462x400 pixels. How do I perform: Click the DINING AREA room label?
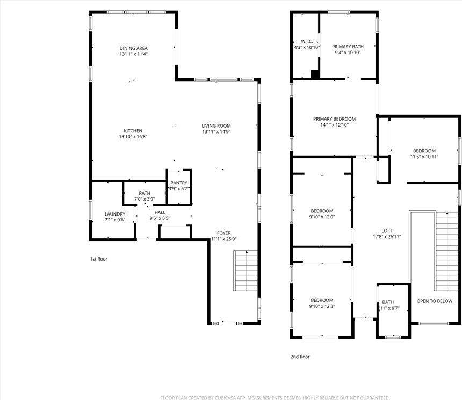point(133,48)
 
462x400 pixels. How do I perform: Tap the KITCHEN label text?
point(133,131)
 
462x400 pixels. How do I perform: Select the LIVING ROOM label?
point(216,126)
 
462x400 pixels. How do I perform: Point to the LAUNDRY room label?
point(114,214)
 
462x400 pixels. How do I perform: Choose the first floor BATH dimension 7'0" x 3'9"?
point(145,199)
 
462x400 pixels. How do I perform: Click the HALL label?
point(160,213)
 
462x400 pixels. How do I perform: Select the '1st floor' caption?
point(98,259)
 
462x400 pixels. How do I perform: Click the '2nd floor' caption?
point(300,357)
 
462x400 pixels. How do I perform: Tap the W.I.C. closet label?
point(307,41)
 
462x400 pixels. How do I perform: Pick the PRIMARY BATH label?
point(348,47)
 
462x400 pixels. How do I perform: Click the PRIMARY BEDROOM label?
point(334,119)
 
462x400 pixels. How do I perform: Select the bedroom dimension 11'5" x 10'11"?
point(424,157)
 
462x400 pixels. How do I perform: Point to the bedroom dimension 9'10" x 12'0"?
point(322,217)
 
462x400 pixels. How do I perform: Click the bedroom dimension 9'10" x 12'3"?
point(322,306)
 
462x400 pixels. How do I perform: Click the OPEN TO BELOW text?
point(435,301)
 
